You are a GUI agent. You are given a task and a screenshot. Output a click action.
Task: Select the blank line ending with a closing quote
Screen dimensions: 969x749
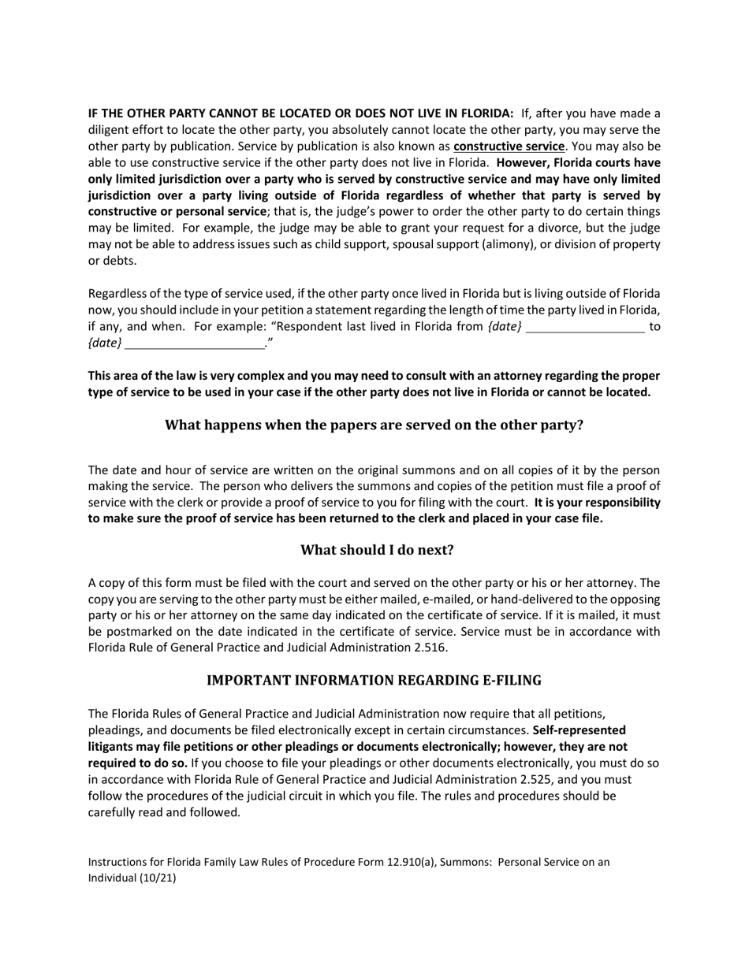pos(195,343)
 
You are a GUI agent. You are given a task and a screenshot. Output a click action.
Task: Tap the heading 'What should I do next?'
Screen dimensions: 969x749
pos(377,550)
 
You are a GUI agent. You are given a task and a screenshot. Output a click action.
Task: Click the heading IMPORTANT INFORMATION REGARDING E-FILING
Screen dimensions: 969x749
pos(374,680)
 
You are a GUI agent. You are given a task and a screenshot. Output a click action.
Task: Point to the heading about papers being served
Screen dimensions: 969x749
pos(374,425)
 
